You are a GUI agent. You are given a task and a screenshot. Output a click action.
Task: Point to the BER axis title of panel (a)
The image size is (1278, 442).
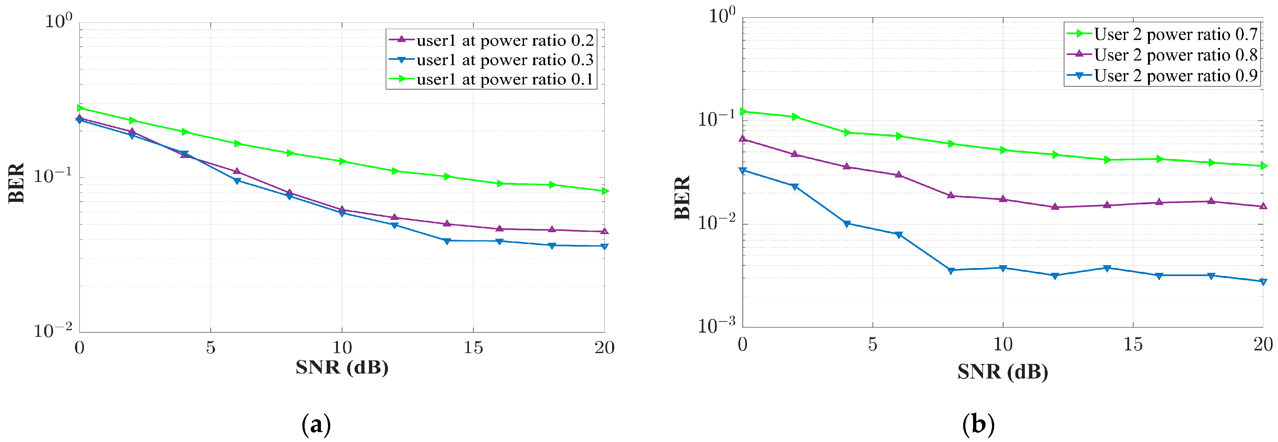[16, 183]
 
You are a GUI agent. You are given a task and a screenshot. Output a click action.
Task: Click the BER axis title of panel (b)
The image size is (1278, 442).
[682, 197]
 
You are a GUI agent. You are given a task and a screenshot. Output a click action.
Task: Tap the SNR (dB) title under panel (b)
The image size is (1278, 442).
[1003, 372]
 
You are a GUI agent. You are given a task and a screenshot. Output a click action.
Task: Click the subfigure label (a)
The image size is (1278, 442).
[316, 425]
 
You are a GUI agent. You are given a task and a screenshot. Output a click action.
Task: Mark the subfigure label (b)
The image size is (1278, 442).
[978, 425]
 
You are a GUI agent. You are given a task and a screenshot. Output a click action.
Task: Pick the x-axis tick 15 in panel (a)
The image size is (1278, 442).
[473, 348]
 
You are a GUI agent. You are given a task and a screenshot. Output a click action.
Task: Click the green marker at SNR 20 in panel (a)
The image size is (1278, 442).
[605, 191]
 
